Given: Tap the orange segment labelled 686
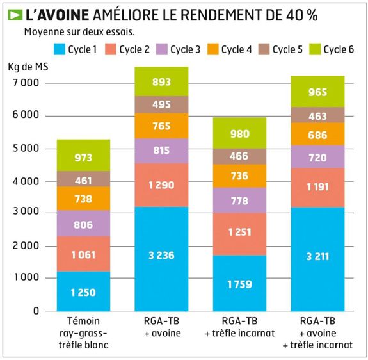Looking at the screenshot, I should pos(317,135).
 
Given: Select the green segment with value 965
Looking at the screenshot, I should pos(317,91).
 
